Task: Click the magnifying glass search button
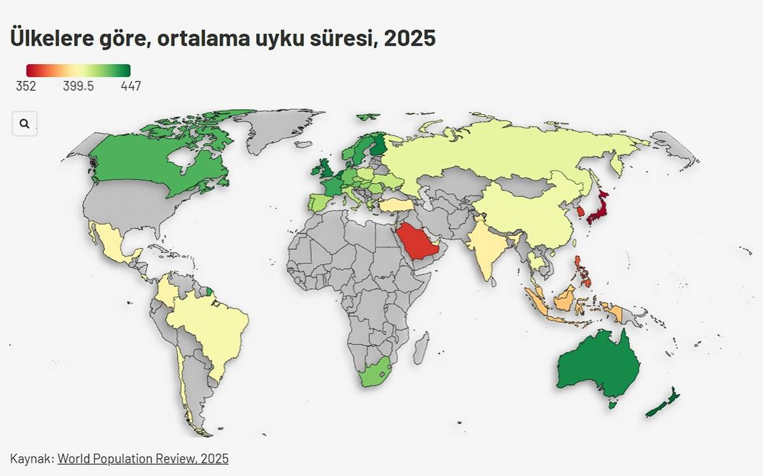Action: click(x=24, y=124)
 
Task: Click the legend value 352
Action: click(x=26, y=86)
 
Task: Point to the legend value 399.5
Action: click(x=78, y=86)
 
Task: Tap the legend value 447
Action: click(x=130, y=86)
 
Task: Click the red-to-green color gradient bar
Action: click(x=78, y=70)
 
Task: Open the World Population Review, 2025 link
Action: click(x=142, y=458)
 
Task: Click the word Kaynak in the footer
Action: click(x=31, y=458)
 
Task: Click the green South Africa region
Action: click(x=375, y=375)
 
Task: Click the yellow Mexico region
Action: click(x=114, y=245)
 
